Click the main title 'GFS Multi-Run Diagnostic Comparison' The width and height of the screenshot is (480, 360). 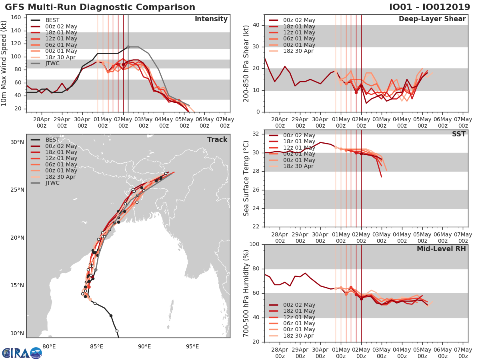coord(100,7)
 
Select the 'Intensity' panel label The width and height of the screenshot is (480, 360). coord(211,19)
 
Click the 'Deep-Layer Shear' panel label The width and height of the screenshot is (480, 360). coord(432,19)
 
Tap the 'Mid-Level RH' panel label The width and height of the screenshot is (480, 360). coord(441,249)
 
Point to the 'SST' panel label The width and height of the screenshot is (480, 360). coord(458,134)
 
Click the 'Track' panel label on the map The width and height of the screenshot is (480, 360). coord(217,140)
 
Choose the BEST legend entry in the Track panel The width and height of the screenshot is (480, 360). coord(52,140)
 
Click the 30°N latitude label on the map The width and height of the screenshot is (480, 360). coord(17,142)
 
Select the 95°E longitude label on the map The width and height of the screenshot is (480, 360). coord(192,346)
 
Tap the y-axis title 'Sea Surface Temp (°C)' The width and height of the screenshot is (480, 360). coord(246,178)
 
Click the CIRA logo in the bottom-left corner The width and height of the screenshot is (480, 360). coord(22,353)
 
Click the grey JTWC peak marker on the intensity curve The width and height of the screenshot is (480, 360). coord(128,47)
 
